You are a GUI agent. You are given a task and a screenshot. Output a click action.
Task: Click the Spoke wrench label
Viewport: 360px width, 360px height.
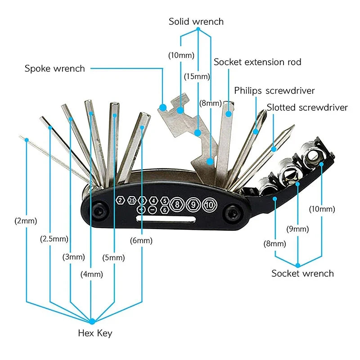pyautogui.click(x=54, y=69)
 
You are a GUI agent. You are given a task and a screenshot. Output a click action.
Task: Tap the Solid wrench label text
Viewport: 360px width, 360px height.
pyautogui.click(x=196, y=21)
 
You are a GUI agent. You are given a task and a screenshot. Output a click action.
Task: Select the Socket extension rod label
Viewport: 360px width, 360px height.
pyautogui.click(x=257, y=62)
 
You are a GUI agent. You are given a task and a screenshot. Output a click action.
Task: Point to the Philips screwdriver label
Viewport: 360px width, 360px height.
pyautogui.click(x=274, y=91)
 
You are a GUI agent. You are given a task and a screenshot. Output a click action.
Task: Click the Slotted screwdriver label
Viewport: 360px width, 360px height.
pyautogui.click(x=307, y=108)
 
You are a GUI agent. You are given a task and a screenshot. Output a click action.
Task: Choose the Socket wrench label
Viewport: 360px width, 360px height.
pyautogui.click(x=302, y=273)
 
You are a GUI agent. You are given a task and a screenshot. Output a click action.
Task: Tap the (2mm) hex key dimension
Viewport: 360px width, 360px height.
pyautogui.click(x=26, y=221)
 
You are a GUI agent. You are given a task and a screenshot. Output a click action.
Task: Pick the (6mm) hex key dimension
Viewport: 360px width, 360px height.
pyautogui.click(x=141, y=241)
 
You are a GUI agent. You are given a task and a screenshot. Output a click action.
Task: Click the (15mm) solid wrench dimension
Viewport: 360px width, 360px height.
pyautogui.click(x=197, y=76)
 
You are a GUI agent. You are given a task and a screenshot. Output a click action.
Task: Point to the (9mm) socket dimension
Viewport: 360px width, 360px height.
pyautogui.click(x=298, y=229)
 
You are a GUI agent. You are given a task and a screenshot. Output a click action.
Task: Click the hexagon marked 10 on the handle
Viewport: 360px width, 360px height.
pyautogui.click(x=210, y=205)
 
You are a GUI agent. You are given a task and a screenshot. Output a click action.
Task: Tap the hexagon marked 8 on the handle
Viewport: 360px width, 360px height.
pyautogui.click(x=177, y=205)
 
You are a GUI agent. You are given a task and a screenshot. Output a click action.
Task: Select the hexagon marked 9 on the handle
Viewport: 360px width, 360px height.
pyautogui.click(x=193, y=205)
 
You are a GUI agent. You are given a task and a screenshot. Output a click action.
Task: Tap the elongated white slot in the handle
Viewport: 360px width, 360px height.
pyautogui.click(x=165, y=219)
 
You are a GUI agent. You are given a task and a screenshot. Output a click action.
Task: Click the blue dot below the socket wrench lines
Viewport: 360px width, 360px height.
pyautogui.click(x=298, y=264)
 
